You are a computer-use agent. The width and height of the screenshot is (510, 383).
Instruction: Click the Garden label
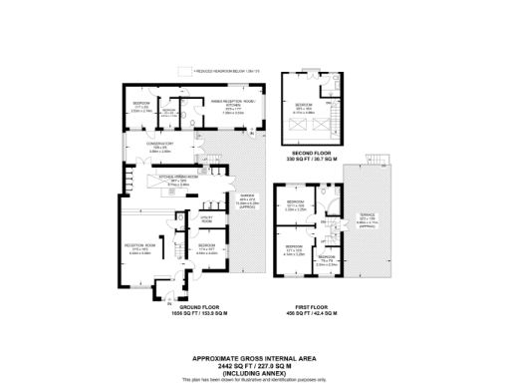(x=250, y=201)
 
